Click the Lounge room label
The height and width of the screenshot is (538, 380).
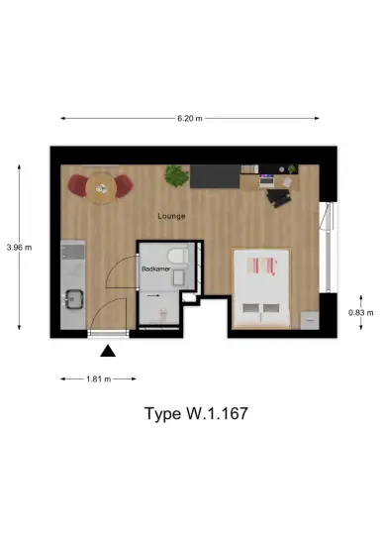pos(172,215)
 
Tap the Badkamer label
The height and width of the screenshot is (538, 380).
pos(156,269)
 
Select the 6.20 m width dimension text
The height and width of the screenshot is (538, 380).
pos(189,119)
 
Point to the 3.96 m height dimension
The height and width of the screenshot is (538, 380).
pos(19,247)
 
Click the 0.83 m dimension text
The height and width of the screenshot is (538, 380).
pos(361,313)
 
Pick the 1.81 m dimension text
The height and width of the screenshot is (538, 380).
pos(98,378)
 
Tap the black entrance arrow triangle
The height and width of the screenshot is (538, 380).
pos(108,349)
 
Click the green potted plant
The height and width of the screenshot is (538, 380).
pos(176,176)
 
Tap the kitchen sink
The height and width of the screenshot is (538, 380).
pos(72,296)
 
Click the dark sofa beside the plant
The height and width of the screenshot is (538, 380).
pos(214,176)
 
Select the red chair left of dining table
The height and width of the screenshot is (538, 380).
pos(77,184)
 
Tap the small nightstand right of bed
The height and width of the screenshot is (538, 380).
pos(308,319)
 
